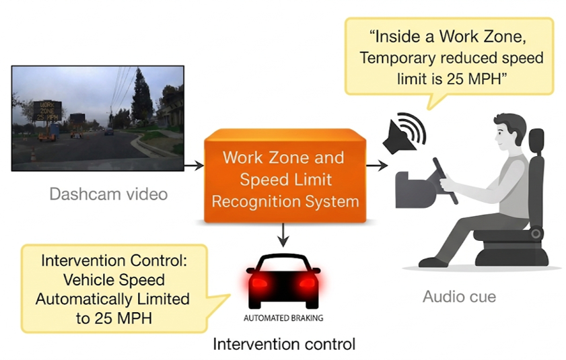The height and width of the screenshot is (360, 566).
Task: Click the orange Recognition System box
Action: pyautogui.click(x=285, y=176)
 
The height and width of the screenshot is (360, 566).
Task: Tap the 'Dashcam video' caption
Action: pyautogui.click(x=108, y=194)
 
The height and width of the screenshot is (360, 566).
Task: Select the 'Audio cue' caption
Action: pyautogui.click(x=459, y=297)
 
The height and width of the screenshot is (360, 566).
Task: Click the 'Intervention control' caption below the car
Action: pyautogui.click(x=284, y=344)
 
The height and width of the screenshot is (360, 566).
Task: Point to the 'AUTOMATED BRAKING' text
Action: pyautogui.click(x=283, y=318)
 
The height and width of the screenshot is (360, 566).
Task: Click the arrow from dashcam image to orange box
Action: pyautogui.click(x=194, y=166)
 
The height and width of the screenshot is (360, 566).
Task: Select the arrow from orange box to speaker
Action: pyautogui.click(x=377, y=166)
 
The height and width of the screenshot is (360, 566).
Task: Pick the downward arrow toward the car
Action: pyautogui.click(x=284, y=235)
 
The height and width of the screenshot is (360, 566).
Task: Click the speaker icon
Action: pyautogui.click(x=404, y=133)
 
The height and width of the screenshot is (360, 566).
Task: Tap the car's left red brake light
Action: pyautogui.click(x=259, y=282)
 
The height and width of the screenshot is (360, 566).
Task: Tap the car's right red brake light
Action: pyautogui.click(x=308, y=282)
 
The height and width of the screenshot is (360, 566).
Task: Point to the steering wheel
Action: pyautogui.click(x=446, y=180)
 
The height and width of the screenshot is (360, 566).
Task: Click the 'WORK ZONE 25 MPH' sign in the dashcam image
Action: pyautogui.click(x=47, y=111)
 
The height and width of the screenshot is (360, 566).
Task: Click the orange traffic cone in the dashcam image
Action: pyautogui.click(x=33, y=155)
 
